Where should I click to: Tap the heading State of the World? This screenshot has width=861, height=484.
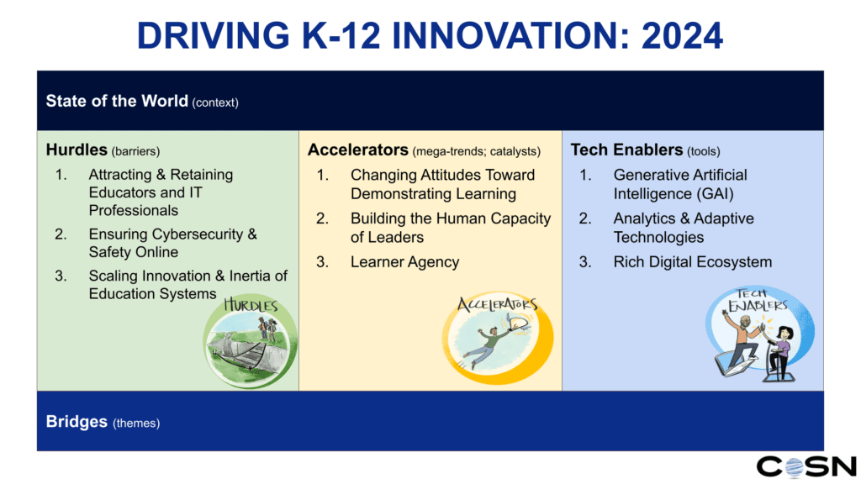(x=117, y=101)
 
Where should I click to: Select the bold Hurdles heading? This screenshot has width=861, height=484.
(x=77, y=150)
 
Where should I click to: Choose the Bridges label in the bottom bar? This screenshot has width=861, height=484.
(x=77, y=421)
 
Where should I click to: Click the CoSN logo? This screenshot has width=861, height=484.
(x=806, y=466)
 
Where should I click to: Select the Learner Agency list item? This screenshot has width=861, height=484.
(x=404, y=262)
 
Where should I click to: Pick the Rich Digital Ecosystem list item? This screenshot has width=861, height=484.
(x=692, y=262)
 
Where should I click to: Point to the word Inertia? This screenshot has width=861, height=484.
(x=240, y=276)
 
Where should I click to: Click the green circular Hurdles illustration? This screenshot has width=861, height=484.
(x=251, y=340)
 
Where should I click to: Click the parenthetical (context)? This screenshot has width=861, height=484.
(x=215, y=103)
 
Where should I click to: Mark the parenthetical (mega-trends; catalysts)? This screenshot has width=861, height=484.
(x=477, y=151)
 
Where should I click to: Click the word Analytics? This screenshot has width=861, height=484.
(x=647, y=218)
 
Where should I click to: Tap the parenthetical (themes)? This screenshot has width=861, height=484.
(x=136, y=423)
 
